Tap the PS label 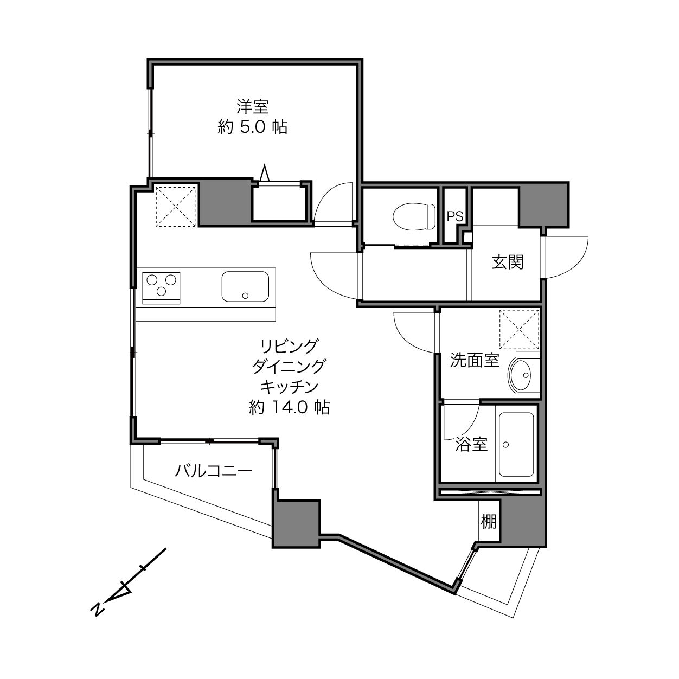coord(455,216)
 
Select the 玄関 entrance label coord(508,262)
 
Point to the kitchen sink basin coord(245,286)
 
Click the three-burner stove coord(161,288)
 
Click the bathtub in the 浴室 coord(516,444)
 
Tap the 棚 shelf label coord(489,522)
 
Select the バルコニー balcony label coord(214,471)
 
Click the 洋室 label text coord(253,107)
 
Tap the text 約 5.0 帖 coord(253,127)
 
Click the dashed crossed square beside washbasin coord(519,329)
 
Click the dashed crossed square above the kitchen coord(176,206)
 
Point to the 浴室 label coord(471,444)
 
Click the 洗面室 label coord(475,360)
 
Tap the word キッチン coord(289,387)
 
